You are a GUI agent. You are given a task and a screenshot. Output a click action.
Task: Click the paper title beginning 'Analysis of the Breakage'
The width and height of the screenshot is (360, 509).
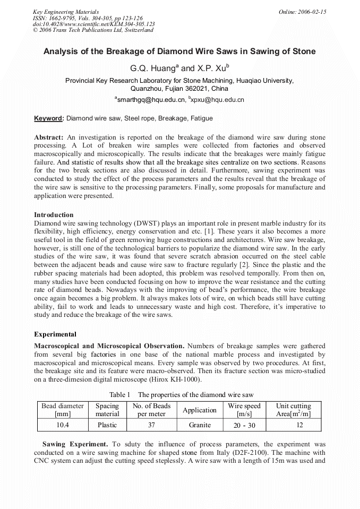pyautogui.click(x=179, y=51)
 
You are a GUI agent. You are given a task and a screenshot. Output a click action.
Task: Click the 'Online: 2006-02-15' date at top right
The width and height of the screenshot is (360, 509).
pyautogui.click(x=302, y=12)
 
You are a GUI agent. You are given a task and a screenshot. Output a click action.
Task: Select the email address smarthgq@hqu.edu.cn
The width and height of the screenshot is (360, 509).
pyautogui.click(x=150, y=99)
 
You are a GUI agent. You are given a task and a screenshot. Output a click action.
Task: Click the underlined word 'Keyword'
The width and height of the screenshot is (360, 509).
pyautogui.click(x=48, y=118)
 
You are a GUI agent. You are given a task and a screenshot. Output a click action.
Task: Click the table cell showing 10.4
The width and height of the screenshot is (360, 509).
pyautogui.click(x=63, y=425)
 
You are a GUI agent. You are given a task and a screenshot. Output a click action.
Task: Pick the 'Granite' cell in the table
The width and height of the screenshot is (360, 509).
pyautogui.click(x=200, y=425)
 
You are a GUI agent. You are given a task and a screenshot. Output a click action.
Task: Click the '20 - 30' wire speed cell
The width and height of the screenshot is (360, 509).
pyautogui.click(x=244, y=425)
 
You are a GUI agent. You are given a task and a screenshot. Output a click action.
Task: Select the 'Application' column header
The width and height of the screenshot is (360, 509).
pyautogui.click(x=200, y=410)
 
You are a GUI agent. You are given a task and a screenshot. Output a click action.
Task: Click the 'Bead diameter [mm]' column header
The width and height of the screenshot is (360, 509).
pyautogui.click(x=63, y=410)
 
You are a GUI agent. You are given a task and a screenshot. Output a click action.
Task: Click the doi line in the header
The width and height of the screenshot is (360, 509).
pyautogui.click(x=94, y=24)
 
